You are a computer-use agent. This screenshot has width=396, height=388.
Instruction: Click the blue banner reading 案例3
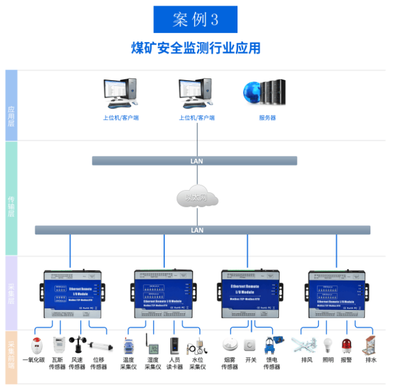click(195, 19)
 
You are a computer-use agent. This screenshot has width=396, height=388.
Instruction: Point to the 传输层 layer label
click(11, 207)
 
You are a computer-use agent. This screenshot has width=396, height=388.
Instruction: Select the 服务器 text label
click(267, 118)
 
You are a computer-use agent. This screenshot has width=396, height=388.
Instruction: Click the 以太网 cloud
click(197, 198)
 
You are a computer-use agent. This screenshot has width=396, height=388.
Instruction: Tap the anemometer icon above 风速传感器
click(77, 344)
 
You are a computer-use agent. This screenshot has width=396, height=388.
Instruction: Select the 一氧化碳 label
click(34, 360)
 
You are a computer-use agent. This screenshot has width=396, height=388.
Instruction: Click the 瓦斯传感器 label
click(57, 363)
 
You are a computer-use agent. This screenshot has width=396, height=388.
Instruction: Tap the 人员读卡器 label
click(176, 363)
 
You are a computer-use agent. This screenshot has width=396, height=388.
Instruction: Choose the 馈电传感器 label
click(273, 363)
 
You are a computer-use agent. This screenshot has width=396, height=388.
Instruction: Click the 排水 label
click(370, 360)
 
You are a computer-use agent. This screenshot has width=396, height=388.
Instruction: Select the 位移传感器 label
click(99, 363)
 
